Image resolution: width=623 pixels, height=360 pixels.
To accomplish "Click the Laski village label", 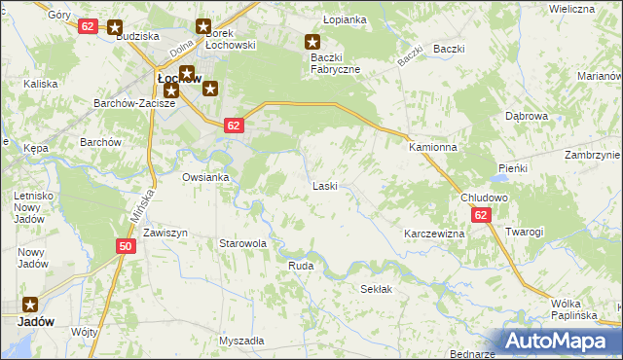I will coord(325,186).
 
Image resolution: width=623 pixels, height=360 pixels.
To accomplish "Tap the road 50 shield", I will coord(126,247).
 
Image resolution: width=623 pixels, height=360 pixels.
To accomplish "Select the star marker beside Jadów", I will coord(30,304).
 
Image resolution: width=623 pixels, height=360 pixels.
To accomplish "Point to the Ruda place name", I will coord(300,265).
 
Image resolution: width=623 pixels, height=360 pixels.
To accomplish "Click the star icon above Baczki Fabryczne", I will coord(312,42).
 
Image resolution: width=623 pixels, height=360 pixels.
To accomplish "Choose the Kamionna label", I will coord(433,147).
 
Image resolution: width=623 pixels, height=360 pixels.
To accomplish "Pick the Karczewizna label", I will coord(434,234).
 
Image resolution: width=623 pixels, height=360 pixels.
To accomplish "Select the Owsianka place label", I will coord(205,177).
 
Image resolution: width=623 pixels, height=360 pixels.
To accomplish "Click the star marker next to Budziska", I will coord(116,29).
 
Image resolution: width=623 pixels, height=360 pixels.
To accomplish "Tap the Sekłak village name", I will coord(376,289).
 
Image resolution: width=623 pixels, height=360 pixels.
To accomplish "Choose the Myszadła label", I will coord(241,342).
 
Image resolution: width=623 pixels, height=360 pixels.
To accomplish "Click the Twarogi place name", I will coord(524,232).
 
